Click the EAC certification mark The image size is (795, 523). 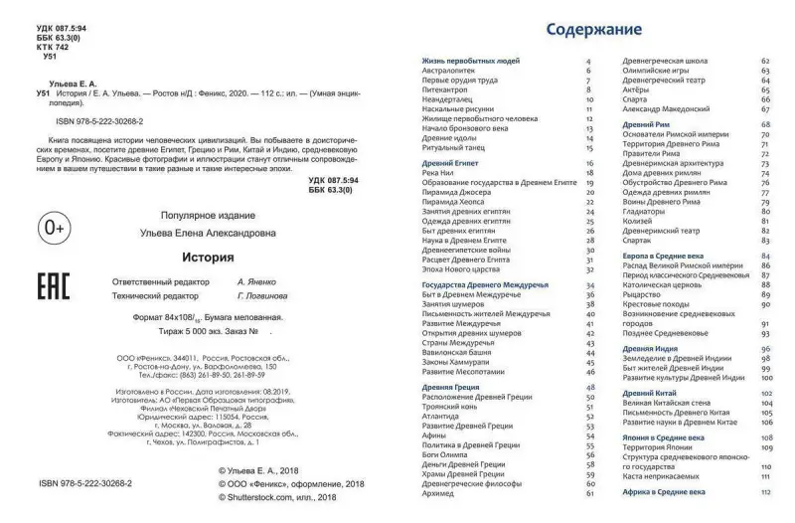[53, 286]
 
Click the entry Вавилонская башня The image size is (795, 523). [456, 352]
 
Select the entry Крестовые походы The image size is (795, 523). [660, 304]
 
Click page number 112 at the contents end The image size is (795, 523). [765, 491]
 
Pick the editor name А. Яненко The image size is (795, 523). [255, 282]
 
